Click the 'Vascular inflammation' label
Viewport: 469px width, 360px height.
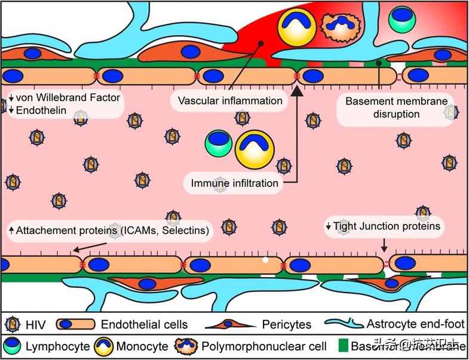pos(230,100)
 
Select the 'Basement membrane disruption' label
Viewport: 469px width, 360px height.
pos(396,107)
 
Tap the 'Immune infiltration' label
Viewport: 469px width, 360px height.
pos(235,183)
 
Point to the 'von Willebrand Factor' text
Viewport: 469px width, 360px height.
pos(68,97)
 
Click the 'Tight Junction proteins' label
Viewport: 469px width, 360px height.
pos(386,226)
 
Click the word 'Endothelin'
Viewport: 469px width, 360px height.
pos(41,110)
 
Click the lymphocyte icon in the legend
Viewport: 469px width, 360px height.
pos(13,346)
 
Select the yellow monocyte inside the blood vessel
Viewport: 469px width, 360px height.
pos(254,149)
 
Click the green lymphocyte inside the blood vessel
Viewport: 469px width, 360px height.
pos(218,143)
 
